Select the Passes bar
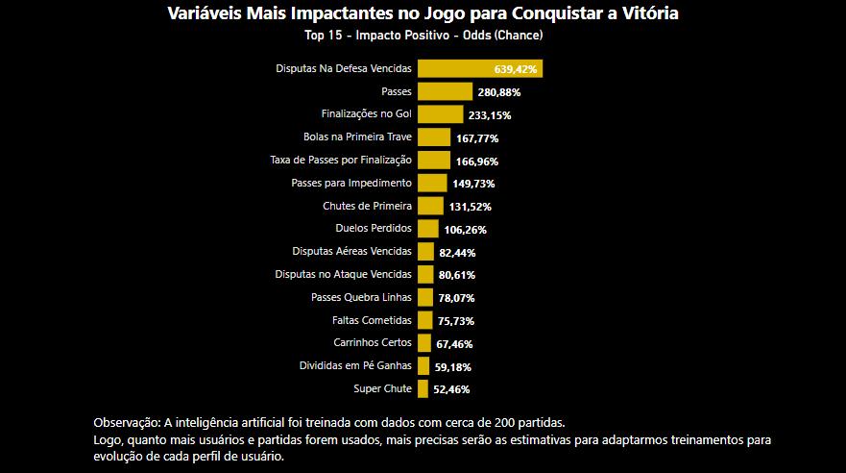[x=445, y=91]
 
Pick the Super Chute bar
[x=423, y=388]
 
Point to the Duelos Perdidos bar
[x=428, y=229]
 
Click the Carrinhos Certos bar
[x=423, y=343]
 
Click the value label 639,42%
[x=516, y=69]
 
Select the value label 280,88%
[x=498, y=92]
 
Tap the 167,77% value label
[x=476, y=138]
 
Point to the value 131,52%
[x=471, y=207]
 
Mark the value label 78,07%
[x=456, y=298]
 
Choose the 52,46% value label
[x=451, y=389]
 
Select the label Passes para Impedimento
[x=351, y=183]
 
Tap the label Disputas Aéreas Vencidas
[x=351, y=252]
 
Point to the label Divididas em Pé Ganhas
[x=355, y=365]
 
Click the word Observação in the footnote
[x=127, y=423]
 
